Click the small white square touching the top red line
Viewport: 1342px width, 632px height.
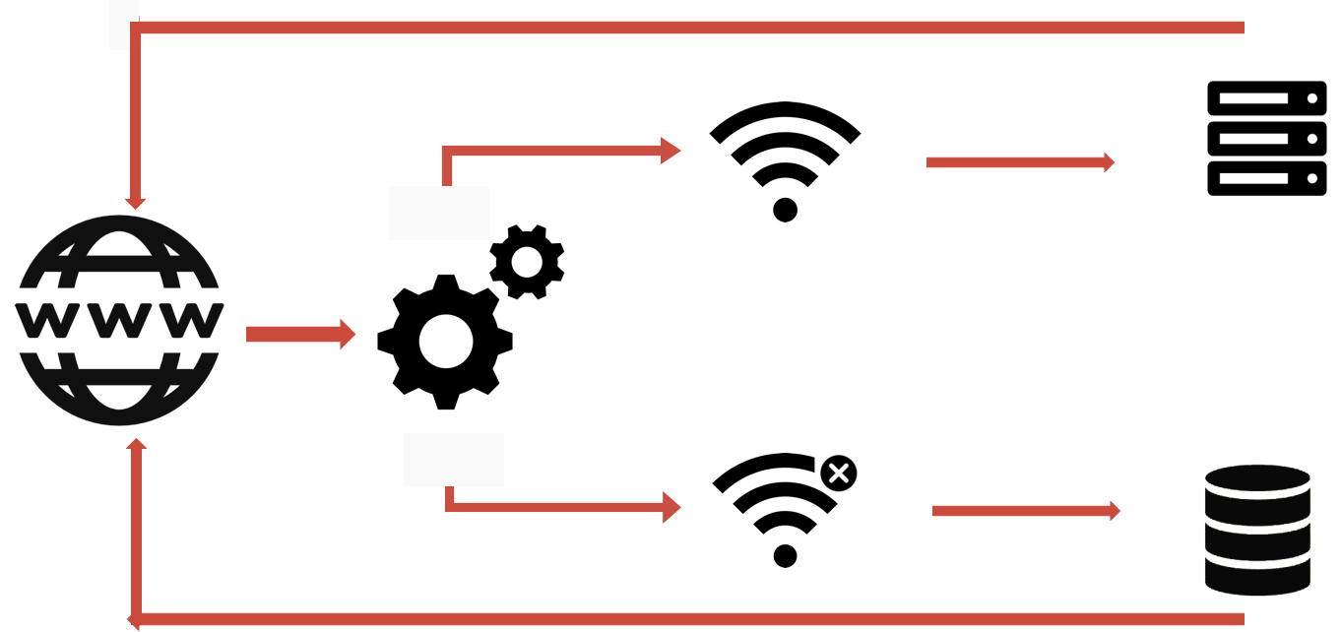coord(123,25)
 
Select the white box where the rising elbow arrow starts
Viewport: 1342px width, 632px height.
coord(439,213)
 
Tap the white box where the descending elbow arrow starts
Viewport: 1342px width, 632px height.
coord(454,460)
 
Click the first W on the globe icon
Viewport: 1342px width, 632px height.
coord(45,321)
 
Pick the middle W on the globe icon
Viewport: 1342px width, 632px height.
coord(119,321)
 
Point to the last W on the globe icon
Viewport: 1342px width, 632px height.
coord(193,321)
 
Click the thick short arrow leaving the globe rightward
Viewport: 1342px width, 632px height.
coord(299,334)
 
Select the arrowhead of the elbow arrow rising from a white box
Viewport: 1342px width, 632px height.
coord(671,151)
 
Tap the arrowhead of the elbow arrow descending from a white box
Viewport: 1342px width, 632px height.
coord(671,507)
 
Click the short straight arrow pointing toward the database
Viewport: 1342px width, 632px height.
coord(1025,511)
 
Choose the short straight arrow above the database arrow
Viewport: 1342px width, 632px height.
coord(1019,162)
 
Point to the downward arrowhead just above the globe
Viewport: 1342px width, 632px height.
coord(136,203)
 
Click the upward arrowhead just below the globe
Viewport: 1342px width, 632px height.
coord(136,445)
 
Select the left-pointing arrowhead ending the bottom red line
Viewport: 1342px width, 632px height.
coord(133,620)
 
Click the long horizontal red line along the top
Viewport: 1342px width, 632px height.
coord(689,28)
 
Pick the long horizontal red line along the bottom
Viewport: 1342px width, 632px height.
coord(689,619)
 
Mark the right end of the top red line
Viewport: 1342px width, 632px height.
coord(1240,28)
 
